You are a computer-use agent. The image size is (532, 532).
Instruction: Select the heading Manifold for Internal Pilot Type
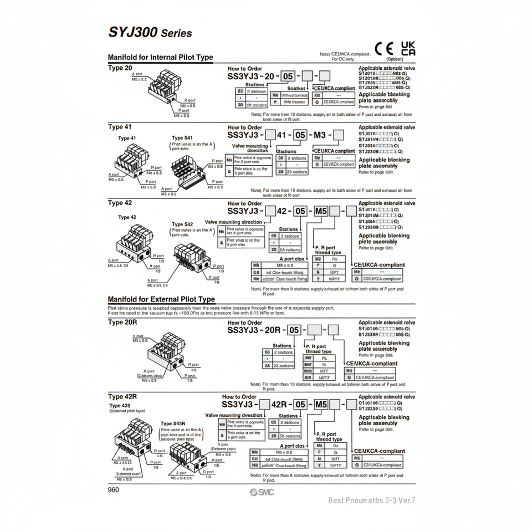coord(160,57)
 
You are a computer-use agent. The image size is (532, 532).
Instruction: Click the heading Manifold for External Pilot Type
coord(161,299)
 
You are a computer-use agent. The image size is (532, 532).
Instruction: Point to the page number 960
coord(114,489)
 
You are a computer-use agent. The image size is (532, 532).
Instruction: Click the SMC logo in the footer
coord(261,493)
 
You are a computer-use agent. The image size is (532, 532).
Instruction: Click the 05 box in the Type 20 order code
coord(289,76)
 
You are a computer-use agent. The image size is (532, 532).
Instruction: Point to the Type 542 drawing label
coord(182,224)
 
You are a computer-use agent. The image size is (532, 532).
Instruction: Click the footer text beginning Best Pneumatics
coord(371,500)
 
